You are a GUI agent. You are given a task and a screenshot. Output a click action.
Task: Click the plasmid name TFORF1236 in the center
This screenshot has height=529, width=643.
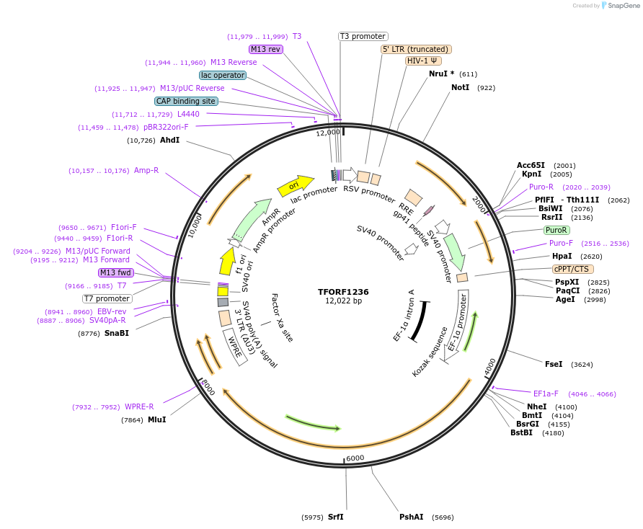[343, 292]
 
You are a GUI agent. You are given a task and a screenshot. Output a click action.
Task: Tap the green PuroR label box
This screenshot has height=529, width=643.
[556, 231]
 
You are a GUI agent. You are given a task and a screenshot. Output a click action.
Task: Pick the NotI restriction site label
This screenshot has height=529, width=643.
[460, 87]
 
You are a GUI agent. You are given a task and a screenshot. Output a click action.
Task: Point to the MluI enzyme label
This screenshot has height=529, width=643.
[156, 419]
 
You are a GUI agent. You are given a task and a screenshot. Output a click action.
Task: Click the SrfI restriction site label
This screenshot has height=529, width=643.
[335, 517]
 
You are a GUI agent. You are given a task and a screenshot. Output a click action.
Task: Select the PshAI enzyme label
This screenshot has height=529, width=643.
[412, 517]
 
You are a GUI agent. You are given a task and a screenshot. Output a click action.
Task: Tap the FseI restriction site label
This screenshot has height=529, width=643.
[554, 365]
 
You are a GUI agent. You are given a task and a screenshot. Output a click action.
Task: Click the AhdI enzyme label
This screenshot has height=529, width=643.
[169, 140]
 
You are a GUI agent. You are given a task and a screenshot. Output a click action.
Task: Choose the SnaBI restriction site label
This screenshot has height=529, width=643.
[116, 333]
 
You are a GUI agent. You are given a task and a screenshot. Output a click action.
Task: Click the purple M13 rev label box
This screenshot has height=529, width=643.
[266, 49]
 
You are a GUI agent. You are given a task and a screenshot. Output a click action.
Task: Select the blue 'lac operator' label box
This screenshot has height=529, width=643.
[223, 75]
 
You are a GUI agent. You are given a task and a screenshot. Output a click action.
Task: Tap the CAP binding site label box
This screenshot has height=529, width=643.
[186, 101]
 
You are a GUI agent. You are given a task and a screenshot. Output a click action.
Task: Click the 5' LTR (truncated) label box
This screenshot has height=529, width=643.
[416, 49]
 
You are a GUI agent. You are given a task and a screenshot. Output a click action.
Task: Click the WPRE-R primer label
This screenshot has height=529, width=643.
[139, 406]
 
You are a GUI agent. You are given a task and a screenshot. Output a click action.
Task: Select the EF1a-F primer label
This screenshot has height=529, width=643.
[546, 394]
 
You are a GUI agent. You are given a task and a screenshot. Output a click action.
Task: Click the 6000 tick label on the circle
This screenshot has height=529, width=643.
[355, 458]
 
